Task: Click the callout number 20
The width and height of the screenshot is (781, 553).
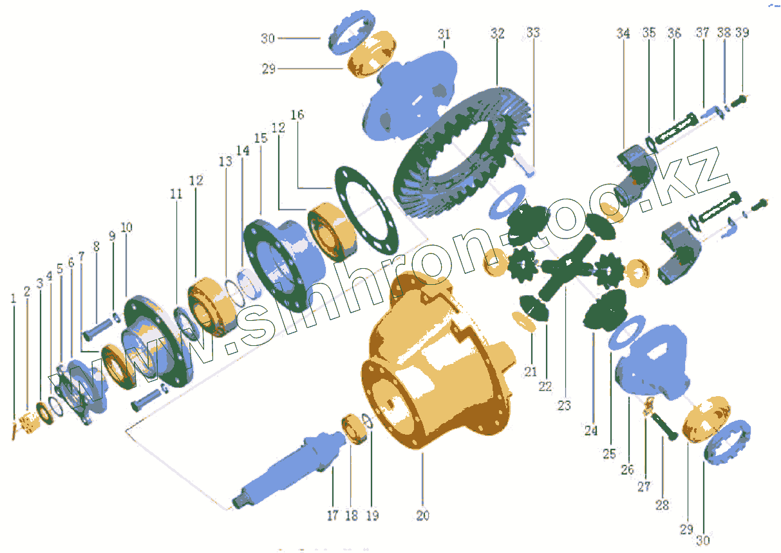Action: pos(422,516)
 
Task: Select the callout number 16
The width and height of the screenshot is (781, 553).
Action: pos(297,115)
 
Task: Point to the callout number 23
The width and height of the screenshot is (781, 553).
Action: pos(564,405)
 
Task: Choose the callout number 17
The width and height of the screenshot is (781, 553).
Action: pos(332,516)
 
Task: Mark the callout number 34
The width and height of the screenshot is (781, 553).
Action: pos(623,33)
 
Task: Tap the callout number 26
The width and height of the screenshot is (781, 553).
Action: pos(627,469)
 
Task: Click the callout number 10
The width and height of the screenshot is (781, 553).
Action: pos(126,227)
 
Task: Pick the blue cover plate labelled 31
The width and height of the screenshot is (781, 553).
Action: pos(412,96)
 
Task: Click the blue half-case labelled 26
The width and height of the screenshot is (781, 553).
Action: pos(650,367)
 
